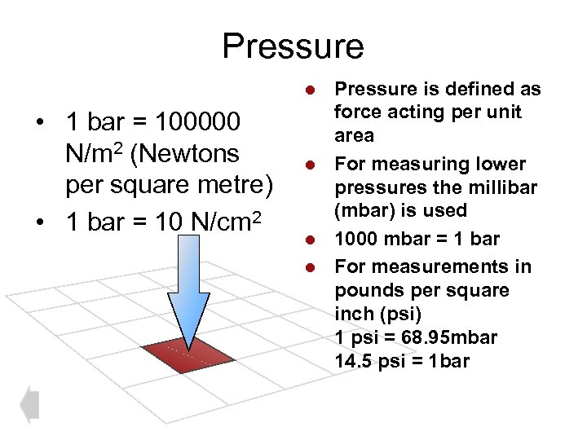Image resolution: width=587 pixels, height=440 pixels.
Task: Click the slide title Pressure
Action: (293, 46)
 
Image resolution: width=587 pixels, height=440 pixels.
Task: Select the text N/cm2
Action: (223, 218)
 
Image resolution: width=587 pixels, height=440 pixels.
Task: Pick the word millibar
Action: (506, 187)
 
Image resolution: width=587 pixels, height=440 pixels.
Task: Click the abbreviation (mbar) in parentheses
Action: (365, 210)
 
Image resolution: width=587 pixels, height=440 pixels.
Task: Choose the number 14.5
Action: (354, 360)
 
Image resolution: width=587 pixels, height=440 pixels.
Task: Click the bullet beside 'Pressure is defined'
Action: (310, 88)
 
